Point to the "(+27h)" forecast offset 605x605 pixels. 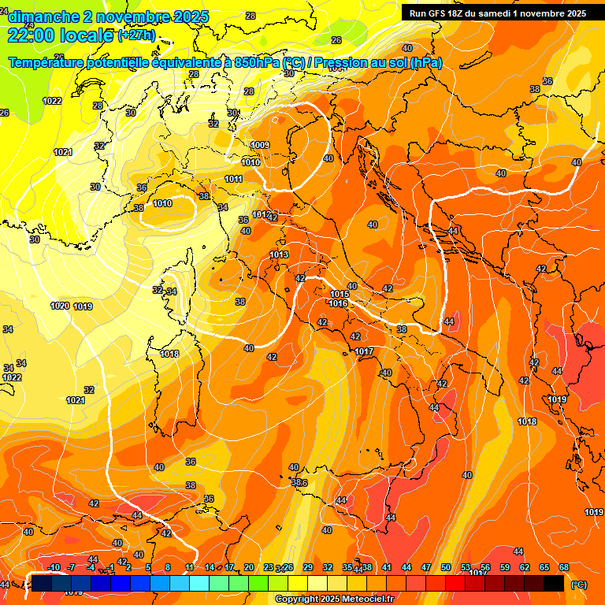point(135,35)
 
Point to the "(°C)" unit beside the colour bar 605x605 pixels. point(579,585)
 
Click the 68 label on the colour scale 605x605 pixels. point(564,567)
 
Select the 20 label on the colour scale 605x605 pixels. point(249,567)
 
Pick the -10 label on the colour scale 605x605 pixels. point(54,567)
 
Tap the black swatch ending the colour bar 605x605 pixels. point(554,583)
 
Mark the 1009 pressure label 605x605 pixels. point(261,145)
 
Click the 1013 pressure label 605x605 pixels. point(279,254)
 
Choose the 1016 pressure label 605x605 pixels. point(339,303)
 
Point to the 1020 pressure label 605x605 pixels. point(60,306)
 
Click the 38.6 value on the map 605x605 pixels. point(299,483)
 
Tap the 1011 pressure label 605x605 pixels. point(233,179)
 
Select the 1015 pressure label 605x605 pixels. point(339,295)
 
